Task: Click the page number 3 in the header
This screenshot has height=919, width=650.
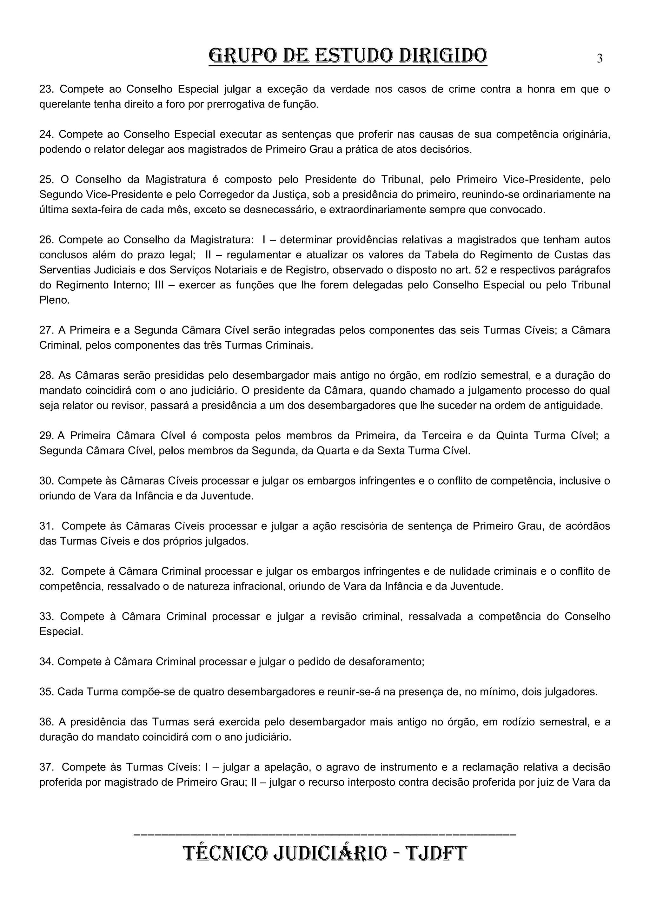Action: point(600,59)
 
